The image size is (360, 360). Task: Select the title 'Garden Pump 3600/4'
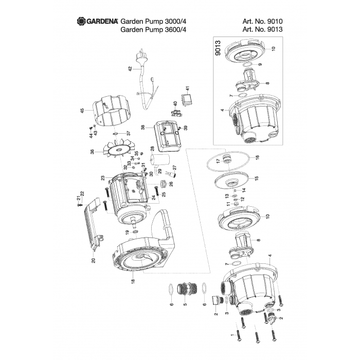153,30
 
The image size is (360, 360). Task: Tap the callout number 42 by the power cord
130,69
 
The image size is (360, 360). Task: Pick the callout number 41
188,88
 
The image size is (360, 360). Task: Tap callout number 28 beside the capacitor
152,149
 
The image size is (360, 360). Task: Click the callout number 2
216,314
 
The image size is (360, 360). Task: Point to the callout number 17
217,160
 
